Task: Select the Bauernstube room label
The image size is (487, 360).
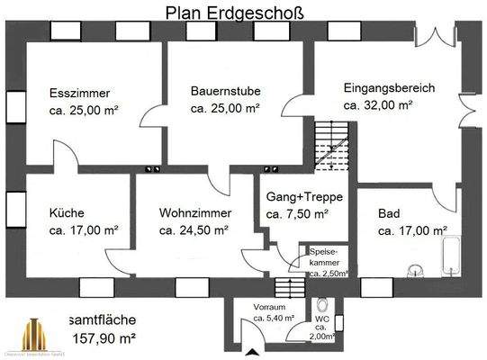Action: pos(226,90)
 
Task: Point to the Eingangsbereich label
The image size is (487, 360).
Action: pos(389,88)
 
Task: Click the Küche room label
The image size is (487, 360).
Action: pos(67,212)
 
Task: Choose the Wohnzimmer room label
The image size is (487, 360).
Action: pos(195,212)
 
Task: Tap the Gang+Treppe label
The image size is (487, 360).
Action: pos(297,197)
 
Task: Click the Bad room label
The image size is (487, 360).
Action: pos(389,212)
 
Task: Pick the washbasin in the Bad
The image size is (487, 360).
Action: pos(416,269)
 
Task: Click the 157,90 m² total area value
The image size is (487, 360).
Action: pos(104,338)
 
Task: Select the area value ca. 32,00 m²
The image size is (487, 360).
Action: pos(377,104)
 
